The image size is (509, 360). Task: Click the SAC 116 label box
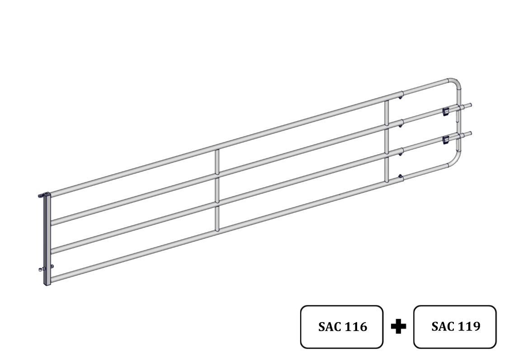pyautogui.click(x=342, y=327)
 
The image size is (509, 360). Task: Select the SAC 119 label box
pyautogui.click(x=455, y=327)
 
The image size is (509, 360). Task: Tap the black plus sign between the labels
pyautogui.click(x=398, y=326)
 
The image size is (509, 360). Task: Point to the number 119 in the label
pyautogui.click(x=469, y=326)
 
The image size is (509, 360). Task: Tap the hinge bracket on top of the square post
pyautogui.click(x=44, y=194)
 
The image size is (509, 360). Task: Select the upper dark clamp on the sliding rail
pyautogui.click(x=446, y=111)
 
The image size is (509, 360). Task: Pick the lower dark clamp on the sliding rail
pyautogui.click(x=446, y=140)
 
